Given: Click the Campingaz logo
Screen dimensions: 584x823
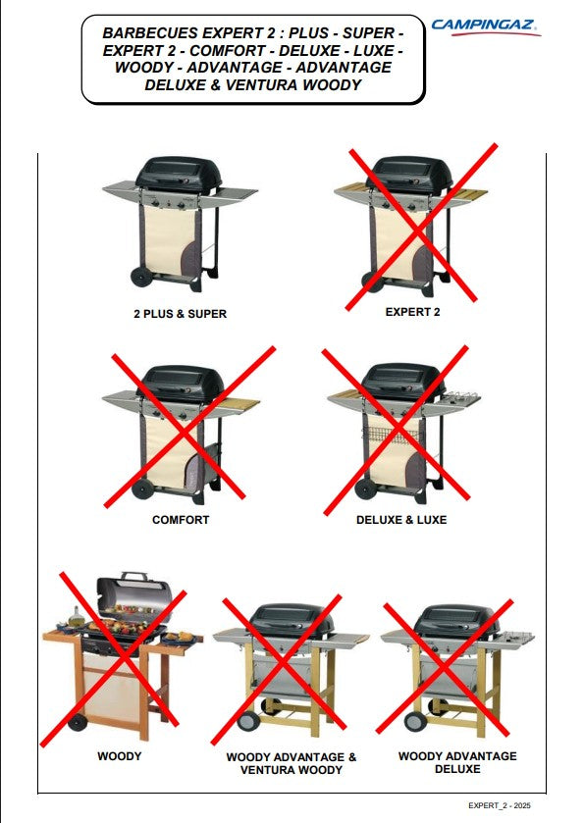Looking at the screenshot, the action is (x=486, y=27).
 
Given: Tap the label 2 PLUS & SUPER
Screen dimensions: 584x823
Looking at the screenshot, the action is (x=181, y=314).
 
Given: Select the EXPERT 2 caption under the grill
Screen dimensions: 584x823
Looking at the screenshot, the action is (x=413, y=312).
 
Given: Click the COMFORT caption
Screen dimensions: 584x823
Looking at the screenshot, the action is (x=181, y=520).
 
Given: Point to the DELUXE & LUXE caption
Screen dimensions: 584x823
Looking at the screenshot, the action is (x=401, y=520).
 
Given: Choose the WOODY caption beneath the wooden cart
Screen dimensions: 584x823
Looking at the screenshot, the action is (x=119, y=756).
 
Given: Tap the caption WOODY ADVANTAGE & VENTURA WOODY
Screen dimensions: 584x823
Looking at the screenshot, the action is (x=291, y=763).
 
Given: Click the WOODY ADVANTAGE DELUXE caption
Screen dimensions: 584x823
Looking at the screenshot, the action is (x=457, y=762).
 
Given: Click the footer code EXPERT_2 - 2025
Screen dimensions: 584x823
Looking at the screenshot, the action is (x=500, y=805).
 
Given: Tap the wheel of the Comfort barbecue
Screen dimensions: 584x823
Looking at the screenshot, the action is (x=141, y=489).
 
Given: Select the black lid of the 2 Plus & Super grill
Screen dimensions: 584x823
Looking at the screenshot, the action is (x=179, y=173).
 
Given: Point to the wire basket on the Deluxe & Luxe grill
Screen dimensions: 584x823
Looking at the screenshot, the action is (x=390, y=435).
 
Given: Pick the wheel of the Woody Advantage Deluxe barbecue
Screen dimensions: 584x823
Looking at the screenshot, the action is (x=415, y=720).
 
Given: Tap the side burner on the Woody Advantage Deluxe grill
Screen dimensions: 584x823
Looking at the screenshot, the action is (x=517, y=638).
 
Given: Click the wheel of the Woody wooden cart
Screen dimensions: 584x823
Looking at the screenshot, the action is (x=78, y=722).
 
